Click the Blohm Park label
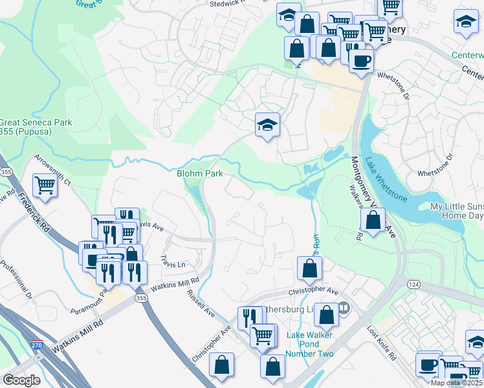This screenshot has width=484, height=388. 200,173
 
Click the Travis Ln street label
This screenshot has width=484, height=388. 172,264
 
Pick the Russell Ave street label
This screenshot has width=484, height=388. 201,302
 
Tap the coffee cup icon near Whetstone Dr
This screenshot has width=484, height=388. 361,61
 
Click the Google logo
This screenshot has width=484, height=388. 21,380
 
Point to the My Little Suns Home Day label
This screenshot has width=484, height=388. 457,211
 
